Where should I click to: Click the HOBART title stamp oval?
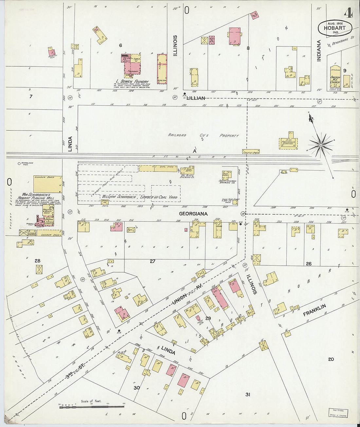[335, 28]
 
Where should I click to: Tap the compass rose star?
[321, 145]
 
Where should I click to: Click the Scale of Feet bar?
[92, 406]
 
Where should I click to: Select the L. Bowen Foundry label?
[132, 81]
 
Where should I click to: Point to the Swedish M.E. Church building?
[335, 77]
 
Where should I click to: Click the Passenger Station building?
[288, 142]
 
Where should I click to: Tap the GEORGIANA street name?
[193, 214]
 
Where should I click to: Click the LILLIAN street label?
[196, 98]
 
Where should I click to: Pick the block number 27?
[153, 261]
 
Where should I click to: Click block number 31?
[248, 395]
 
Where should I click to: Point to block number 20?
[331, 359]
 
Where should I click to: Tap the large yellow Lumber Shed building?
[48, 184]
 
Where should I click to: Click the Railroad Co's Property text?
[203, 135]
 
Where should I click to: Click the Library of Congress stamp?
[338, 413]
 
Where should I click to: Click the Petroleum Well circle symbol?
[19, 163]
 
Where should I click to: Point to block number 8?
[248, 48]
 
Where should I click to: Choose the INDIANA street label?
[319, 51]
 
